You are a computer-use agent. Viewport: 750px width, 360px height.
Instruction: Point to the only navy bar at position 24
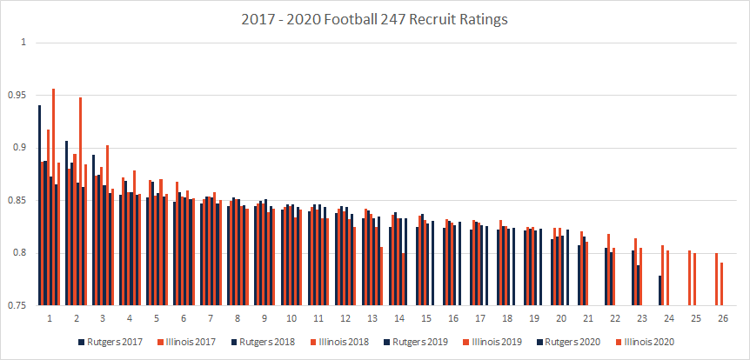[x=660, y=290]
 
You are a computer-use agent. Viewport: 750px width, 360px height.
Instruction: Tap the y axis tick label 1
[x=23, y=42]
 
